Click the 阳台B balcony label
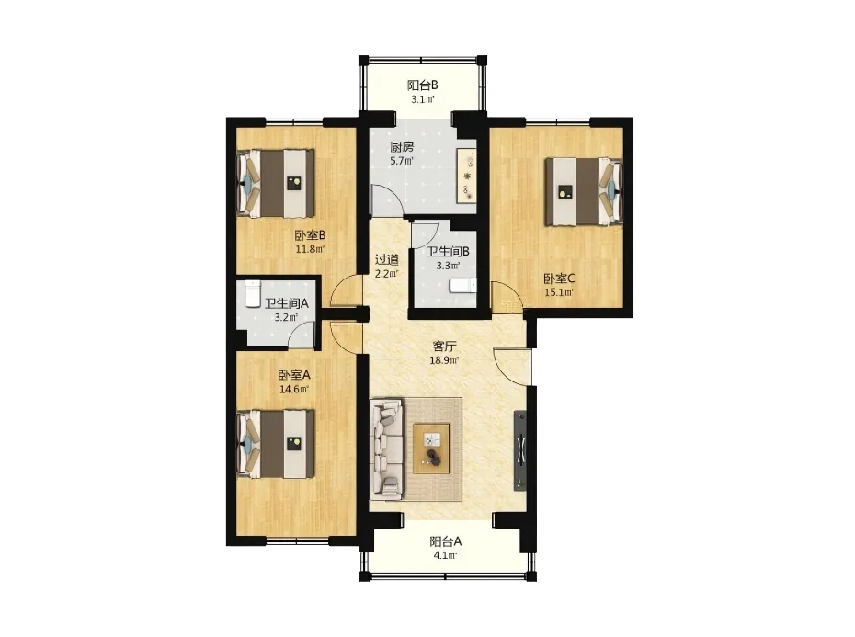[x=423, y=85]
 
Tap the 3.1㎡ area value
[x=423, y=99]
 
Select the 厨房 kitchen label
[x=402, y=147]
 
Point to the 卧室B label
[x=310, y=235]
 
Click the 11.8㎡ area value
[x=310, y=249]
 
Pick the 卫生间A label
[x=287, y=303]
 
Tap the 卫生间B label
[x=448, y=252]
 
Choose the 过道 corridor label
[x=387, y=259]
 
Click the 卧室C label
[x=559, y=279]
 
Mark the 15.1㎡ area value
[x=559, y=292]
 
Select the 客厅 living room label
[x=444, y=347]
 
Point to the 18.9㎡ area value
[x=444, y=360]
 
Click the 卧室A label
[x=294, y=375]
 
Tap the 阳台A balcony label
[x=446, y=541]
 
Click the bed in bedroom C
[x=584, y=191]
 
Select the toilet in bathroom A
[x=253, y=294]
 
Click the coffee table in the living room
[x=431, y=449]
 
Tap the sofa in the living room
[x=386, y=449]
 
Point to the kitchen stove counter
[x=467, y=176]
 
